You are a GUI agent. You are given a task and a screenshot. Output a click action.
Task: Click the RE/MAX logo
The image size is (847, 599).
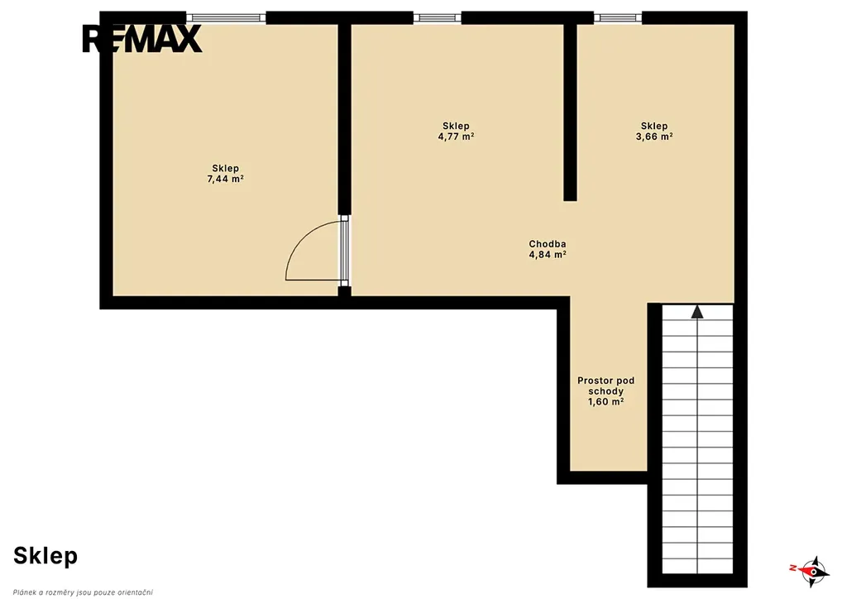[x=141, y=40]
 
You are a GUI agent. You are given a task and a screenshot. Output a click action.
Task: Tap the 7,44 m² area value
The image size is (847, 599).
[x=225, y=179]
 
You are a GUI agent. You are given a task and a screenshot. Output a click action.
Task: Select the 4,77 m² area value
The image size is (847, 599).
[x=456, y=137]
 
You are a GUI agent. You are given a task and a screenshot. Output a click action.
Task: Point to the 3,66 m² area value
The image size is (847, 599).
[x=654, y=137]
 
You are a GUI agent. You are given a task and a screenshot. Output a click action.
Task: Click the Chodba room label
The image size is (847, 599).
[x=548, y=244]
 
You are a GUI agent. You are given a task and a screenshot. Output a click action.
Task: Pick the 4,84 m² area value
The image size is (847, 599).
[x=548, y=254]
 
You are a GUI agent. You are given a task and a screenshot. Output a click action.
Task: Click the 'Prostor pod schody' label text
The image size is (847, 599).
[x=606, y=386]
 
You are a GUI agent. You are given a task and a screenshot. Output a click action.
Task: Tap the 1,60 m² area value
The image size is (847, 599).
[x=606, y=402]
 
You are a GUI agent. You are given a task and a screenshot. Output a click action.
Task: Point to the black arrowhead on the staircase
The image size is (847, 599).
[x=697, y=312]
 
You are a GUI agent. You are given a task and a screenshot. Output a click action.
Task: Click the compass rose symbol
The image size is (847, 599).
[x=812, y=571]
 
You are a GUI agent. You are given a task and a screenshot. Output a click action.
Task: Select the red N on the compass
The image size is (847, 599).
[x=793, y=568]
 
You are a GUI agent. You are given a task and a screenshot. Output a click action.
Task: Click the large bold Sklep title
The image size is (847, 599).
[x=45, y=556]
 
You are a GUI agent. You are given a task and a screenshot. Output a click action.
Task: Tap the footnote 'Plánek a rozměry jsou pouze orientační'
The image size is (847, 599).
[x=83, y=592]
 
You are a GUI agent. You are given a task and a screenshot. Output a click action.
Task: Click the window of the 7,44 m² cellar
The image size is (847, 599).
[x=226, y=18]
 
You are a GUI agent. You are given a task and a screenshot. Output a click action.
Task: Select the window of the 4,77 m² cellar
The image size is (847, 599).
[x=438, y=18]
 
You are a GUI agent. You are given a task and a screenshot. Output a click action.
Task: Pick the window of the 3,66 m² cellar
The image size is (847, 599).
[x=618, y=18]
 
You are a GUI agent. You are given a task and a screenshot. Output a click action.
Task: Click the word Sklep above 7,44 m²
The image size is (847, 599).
[x=225, y=169]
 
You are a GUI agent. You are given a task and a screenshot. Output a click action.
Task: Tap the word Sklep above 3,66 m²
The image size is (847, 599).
[x=654, y=127]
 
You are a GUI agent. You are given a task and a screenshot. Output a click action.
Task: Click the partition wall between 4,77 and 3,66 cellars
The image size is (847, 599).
[x=571, y=113]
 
